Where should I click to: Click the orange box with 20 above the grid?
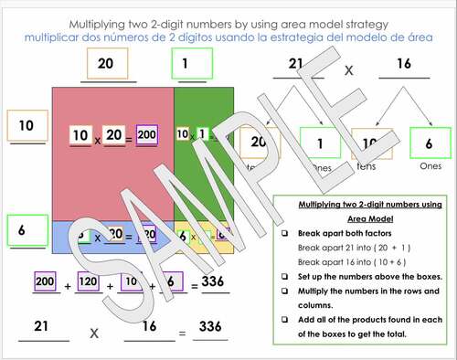(x=106, y=63)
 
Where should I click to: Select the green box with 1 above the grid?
(x=190, y=63)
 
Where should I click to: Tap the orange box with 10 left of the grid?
(x=27, y=124)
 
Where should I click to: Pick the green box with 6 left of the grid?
(x=27, y=230)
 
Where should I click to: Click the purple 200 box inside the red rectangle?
(x=146, y=134)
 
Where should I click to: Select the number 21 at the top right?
(x=294, y=63)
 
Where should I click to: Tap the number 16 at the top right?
(x=405, y=63)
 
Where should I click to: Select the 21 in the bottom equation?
(x=40, y=326)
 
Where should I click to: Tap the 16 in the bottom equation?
(x=150, y=326)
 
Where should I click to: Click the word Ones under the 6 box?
(x=428, y=168)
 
